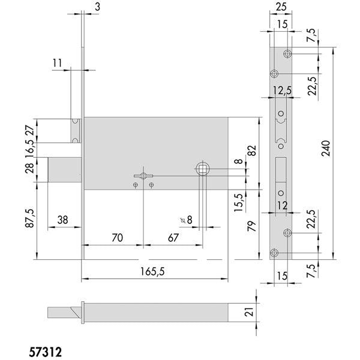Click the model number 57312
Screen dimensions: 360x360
46,352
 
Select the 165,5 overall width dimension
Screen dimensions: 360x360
152,272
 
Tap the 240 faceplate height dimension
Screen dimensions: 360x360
326,149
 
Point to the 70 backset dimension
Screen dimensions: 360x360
118,238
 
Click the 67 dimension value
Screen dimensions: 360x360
173,238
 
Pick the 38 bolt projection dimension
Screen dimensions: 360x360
62,220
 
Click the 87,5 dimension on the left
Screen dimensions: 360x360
30,218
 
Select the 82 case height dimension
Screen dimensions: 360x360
252,151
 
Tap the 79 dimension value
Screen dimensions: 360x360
251,226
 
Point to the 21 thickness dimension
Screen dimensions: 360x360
250,312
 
